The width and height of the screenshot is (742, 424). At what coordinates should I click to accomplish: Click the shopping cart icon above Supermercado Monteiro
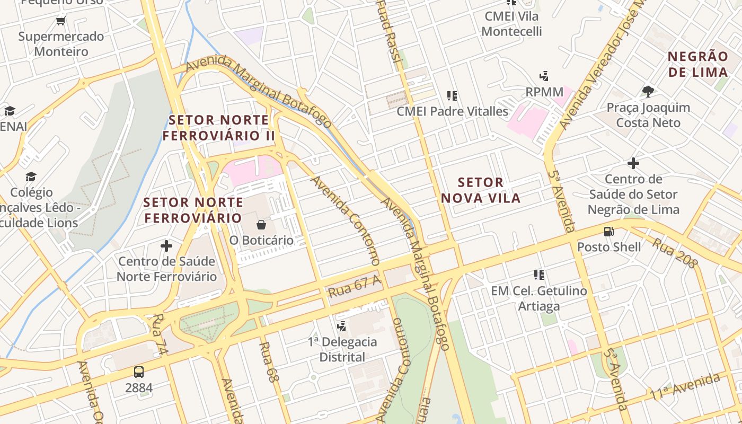[60, 21]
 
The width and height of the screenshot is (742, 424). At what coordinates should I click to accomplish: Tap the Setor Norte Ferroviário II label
[218, 128]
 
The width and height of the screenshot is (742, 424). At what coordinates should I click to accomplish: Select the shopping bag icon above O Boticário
[261, 225]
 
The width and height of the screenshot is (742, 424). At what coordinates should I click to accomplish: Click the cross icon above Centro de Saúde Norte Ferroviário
[166, 246]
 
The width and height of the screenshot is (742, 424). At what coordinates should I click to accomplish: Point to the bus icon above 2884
[138, 372]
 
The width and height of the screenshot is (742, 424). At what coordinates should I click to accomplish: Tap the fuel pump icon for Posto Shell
[608, 232]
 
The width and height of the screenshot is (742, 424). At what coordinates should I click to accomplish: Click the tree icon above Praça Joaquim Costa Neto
[648, 92]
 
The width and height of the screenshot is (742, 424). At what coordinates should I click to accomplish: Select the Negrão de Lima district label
[697, 64]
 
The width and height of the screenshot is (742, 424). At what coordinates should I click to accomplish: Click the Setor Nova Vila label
[480, 190]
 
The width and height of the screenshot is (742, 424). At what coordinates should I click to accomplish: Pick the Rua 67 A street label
[354, 287]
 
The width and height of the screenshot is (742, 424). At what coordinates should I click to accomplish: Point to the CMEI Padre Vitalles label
[452, 111]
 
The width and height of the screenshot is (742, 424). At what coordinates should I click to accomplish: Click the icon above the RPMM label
[544, 76]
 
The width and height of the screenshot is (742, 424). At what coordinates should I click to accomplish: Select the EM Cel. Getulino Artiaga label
[538, 298]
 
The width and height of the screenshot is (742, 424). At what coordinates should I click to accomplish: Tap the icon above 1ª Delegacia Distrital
[342, 326]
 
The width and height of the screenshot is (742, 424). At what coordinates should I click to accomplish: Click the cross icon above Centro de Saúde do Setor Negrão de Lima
[633, 163]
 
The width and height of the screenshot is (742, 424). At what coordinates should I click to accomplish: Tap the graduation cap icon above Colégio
[31, 176]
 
